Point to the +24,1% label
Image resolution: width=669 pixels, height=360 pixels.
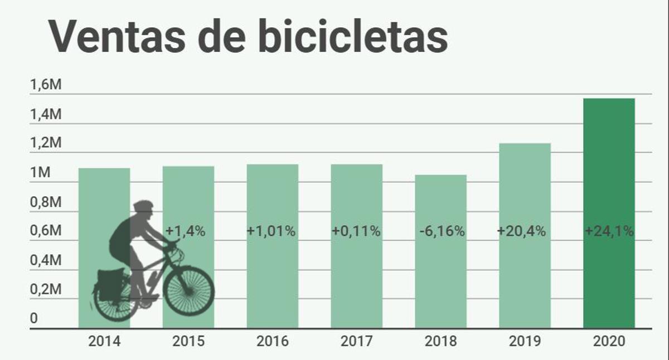(x=609, y=231)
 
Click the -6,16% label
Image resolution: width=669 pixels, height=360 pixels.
(x=440, y=231)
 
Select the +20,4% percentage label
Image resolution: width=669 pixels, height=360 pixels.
(x=524, y=231)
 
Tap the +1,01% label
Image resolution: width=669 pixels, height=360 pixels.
(x=272, y=231)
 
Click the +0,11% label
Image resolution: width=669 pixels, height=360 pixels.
(x=356, y=231)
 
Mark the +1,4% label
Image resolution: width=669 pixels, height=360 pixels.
(x=186, y=231)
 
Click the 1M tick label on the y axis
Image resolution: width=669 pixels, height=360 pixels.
(x=40, y=173)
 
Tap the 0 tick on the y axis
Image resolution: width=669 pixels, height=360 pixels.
(x=34, y=319)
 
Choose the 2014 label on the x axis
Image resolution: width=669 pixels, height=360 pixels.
(x=104, y=341)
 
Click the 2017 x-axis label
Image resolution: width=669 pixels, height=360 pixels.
(x=356, y=341)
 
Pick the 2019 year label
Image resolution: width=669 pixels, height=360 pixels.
(x=524, y=341)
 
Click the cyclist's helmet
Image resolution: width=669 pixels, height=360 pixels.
(x=143, y=205)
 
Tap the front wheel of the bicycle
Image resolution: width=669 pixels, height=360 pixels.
(x=189, y=290)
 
